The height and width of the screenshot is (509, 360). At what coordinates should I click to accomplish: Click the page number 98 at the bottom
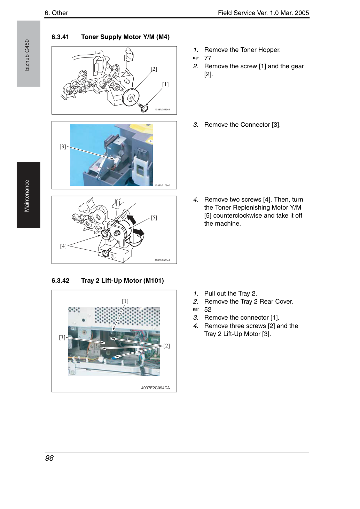pyautogui.click(x=49, y=458)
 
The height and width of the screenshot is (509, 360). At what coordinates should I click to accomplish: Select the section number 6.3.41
pyautogui.click(x=60, y=37)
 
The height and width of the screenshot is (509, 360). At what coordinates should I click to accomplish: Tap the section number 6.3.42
pyautogui.click(x=61, y=281)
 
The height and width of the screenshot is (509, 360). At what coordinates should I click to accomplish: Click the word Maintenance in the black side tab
pyautogui.click(x=27, y=196)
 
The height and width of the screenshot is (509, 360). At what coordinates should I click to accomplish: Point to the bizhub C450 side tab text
pyautogui.click(x=27, y=55)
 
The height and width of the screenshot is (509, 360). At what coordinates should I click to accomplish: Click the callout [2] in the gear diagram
pyautogui.click(x=154, y=69)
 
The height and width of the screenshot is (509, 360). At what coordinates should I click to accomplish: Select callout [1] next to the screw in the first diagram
pyautogui.click(x=165, y=84)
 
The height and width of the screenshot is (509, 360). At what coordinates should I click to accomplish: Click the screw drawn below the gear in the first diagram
pyautogui.click(x=143, y=108)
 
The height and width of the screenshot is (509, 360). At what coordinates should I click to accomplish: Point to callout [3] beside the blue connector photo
pyautogui.click(x=63, y=147)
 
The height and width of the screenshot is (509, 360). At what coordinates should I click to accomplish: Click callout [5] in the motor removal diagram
pyautogui.click(x=154, y=218)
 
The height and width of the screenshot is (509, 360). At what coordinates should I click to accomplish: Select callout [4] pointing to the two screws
pyautogui.click(x=63, y=246)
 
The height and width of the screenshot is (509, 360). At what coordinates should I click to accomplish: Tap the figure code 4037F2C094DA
pyautogui.click(x=155, y=388)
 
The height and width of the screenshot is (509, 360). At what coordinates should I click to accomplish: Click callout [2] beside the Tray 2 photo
pyautogui.click(x=166, y=346)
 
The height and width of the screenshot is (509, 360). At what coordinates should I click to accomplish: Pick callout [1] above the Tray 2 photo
pyautogui.click(x=125, y=301)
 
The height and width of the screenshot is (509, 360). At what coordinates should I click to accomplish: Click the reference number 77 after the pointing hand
pyautogui.click(x=208, y=58)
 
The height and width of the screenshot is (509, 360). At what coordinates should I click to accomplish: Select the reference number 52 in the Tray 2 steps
pyautogui.click(x=208, y=310)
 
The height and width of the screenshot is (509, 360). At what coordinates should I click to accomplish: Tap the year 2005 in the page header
pyautogui.click(x=302, y=13)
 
